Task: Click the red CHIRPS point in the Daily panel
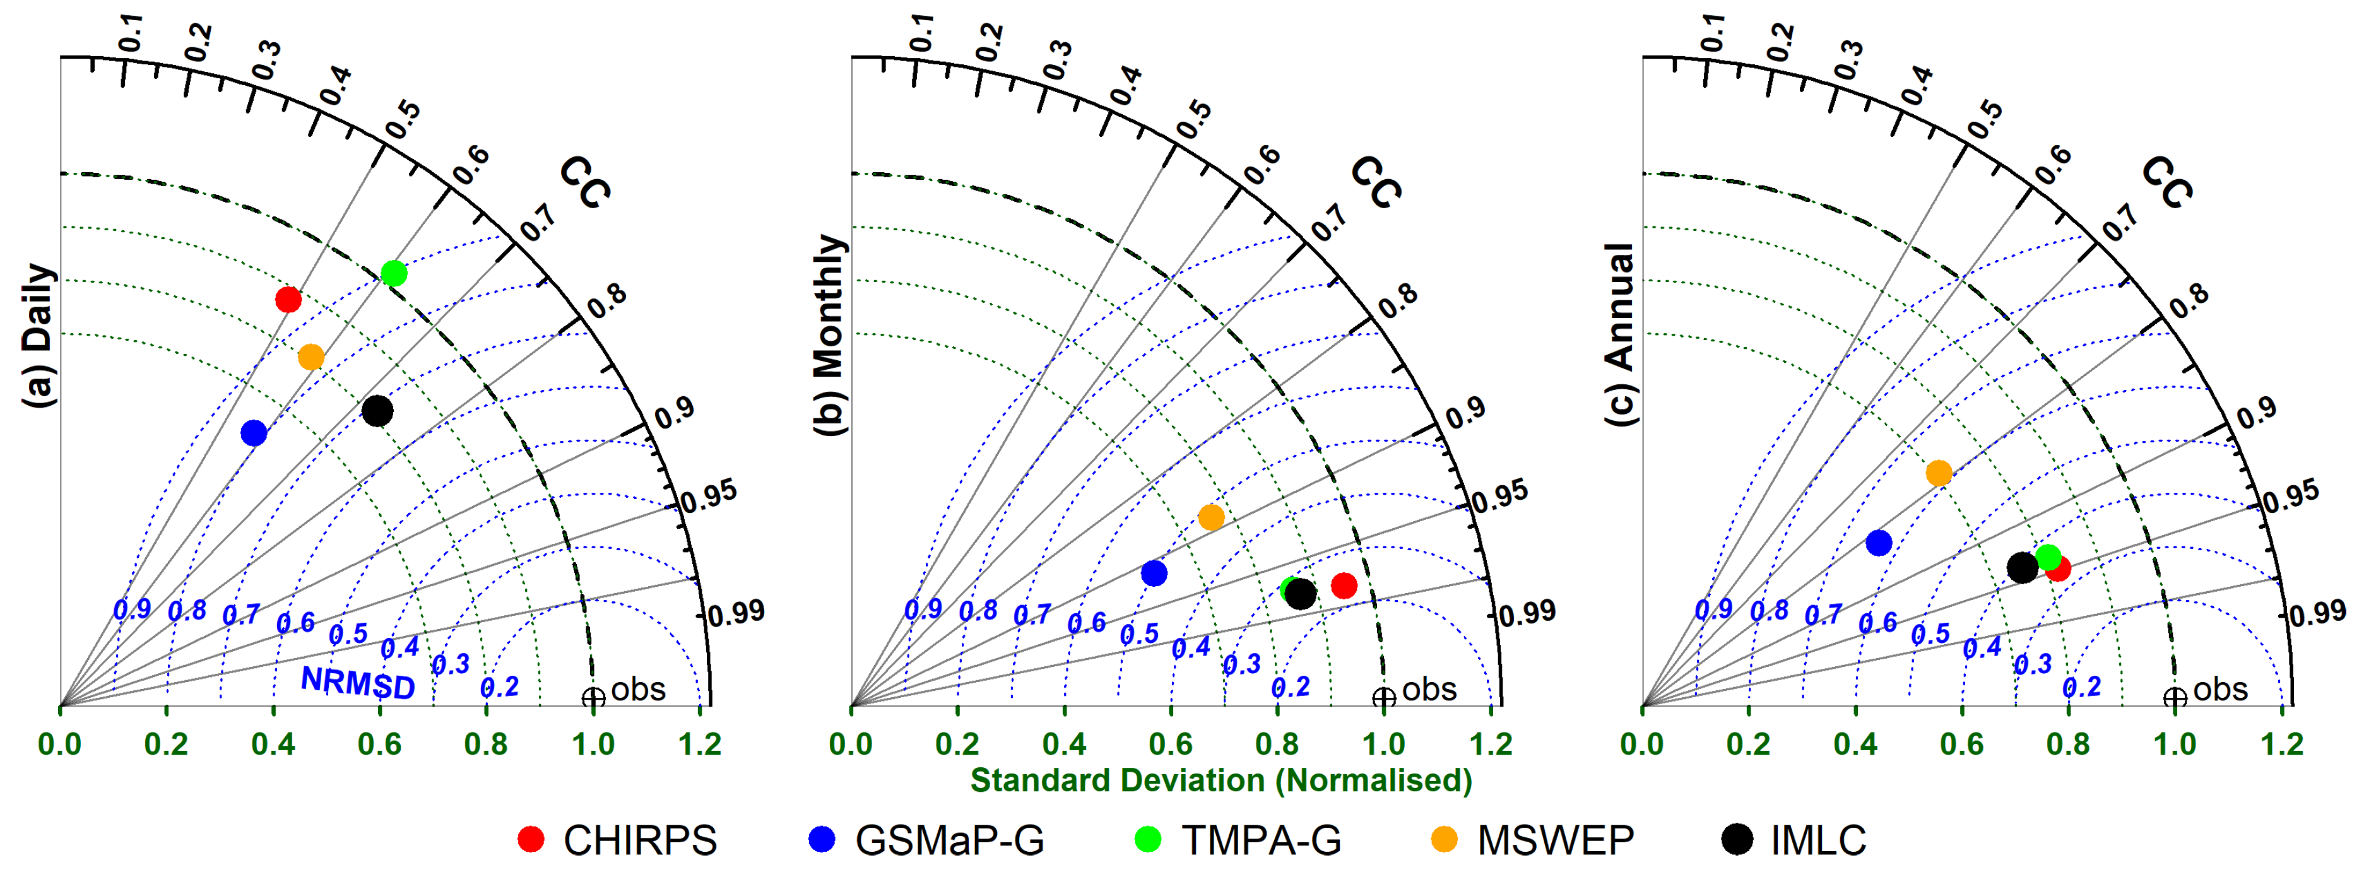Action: pyautogui.click(x=288, y=299)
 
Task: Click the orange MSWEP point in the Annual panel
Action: pyautogui.click(x=1938, y=473)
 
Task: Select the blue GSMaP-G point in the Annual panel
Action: pyautogui.click(x=1879, y=543)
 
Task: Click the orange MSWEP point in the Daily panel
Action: pyautogui.click(x=311, y=357)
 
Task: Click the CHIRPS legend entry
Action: pyautogui.click(x=618, y=839)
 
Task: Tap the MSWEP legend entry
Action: pyautogui.click(x=1534, y=839)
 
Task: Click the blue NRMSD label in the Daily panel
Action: pyautogui.click(x=358, y=683)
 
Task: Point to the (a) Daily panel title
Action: pyautogui.click(x=38, y=335)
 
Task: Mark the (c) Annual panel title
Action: pyautogui.click(x=1621, y=335)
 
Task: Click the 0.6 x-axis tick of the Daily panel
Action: pyautogui.click(x=379, y=743)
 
